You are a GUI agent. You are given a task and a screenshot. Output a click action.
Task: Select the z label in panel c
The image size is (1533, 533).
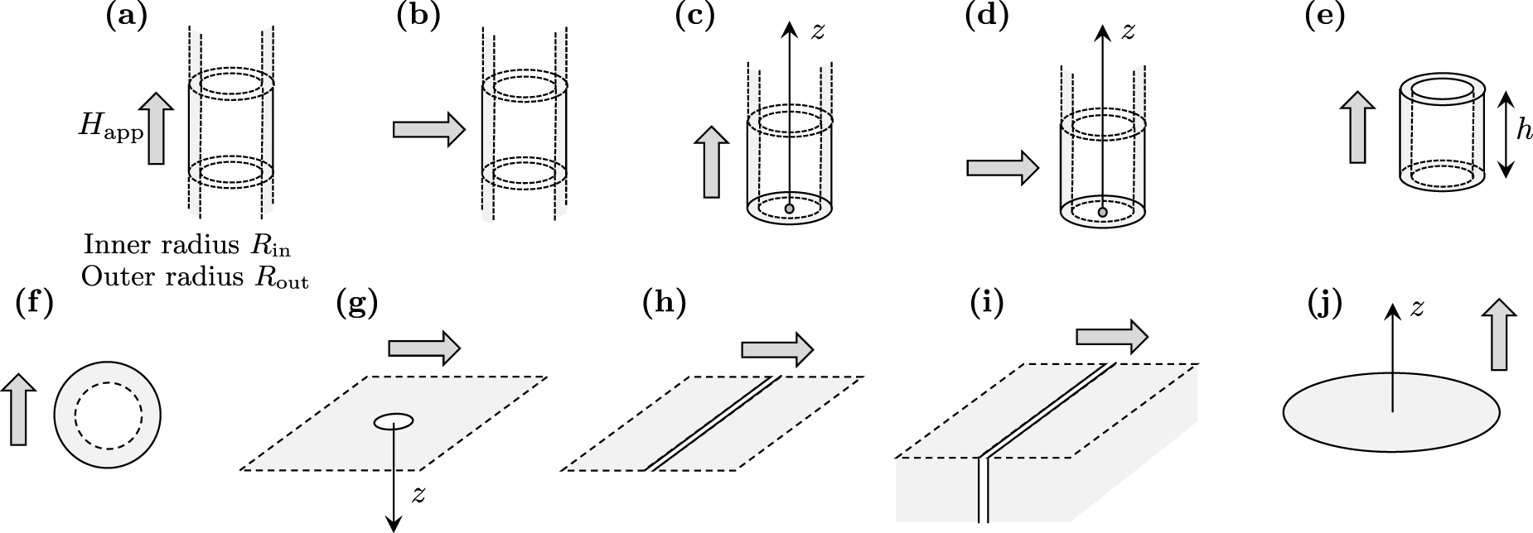click(x=818, y=31)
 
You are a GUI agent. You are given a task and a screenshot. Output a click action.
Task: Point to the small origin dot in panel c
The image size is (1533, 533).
click(x=789, y=209)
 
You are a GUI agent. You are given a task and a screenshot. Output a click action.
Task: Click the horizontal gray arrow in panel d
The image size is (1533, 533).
click(x=1002, y=168)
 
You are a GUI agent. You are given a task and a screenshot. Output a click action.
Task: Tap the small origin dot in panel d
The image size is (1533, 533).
click(x=1102, y=213)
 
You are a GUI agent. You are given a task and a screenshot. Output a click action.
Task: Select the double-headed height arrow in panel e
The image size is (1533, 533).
click(x=1506, y=132)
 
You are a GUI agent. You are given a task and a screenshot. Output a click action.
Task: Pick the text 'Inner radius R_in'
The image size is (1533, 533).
click(x=187, y=246)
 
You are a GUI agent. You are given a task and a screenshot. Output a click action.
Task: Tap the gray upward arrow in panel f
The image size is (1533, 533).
click(x=20, y=410)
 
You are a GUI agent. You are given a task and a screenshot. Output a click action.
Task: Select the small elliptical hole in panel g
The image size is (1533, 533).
click(x=393, y=422)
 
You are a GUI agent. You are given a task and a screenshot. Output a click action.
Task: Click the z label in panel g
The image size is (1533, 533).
click(x=420, y=495)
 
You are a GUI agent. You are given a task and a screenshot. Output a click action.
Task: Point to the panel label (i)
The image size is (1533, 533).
click(x=986, y=304)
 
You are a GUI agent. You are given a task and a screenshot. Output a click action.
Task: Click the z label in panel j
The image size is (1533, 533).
click(x=1417, y=308)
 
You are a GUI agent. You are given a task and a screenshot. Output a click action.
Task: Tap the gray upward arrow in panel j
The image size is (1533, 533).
click(x=1498, y=334)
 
